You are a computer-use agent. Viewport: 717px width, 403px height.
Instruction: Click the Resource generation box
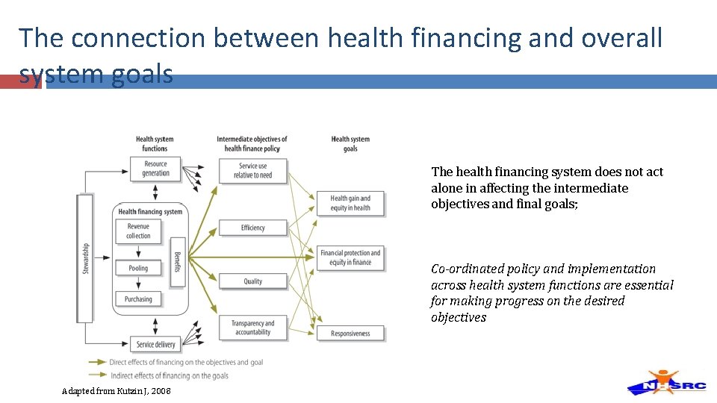(155, 169)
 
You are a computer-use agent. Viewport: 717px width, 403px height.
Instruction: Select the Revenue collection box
(138, 231)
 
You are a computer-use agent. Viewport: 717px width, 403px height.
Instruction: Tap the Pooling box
(138, 268)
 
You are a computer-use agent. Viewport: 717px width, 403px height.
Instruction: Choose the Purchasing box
(138, 299)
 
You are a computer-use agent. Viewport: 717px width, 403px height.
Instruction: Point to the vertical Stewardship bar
(85, 258)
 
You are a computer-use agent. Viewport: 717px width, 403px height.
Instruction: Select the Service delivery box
(155, 344)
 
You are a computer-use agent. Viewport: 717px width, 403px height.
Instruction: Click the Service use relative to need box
(252, 171)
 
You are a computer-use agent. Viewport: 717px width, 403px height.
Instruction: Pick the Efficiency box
(252, 228)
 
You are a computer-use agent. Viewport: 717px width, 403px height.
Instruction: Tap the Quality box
(252, 281)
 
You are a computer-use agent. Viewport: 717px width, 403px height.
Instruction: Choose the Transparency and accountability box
(252, 328)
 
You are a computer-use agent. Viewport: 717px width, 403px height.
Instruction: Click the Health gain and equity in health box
(350, 203)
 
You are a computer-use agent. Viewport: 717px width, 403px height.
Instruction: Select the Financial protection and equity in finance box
(350, 257)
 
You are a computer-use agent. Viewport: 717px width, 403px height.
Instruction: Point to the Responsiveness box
(350, 334)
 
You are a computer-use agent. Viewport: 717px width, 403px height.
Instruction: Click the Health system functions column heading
(155, 143)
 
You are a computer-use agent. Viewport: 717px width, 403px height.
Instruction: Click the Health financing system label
(150, 212)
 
